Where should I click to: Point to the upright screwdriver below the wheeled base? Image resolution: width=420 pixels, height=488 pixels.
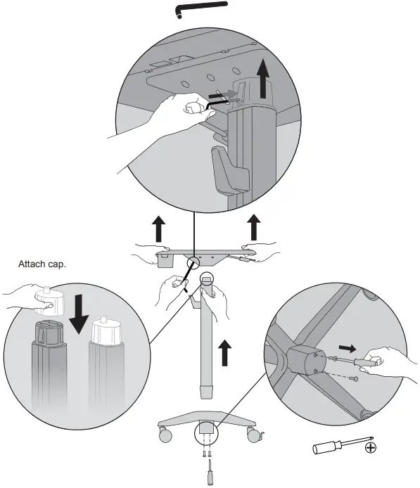pyautogui.click(x=209, y=474)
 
